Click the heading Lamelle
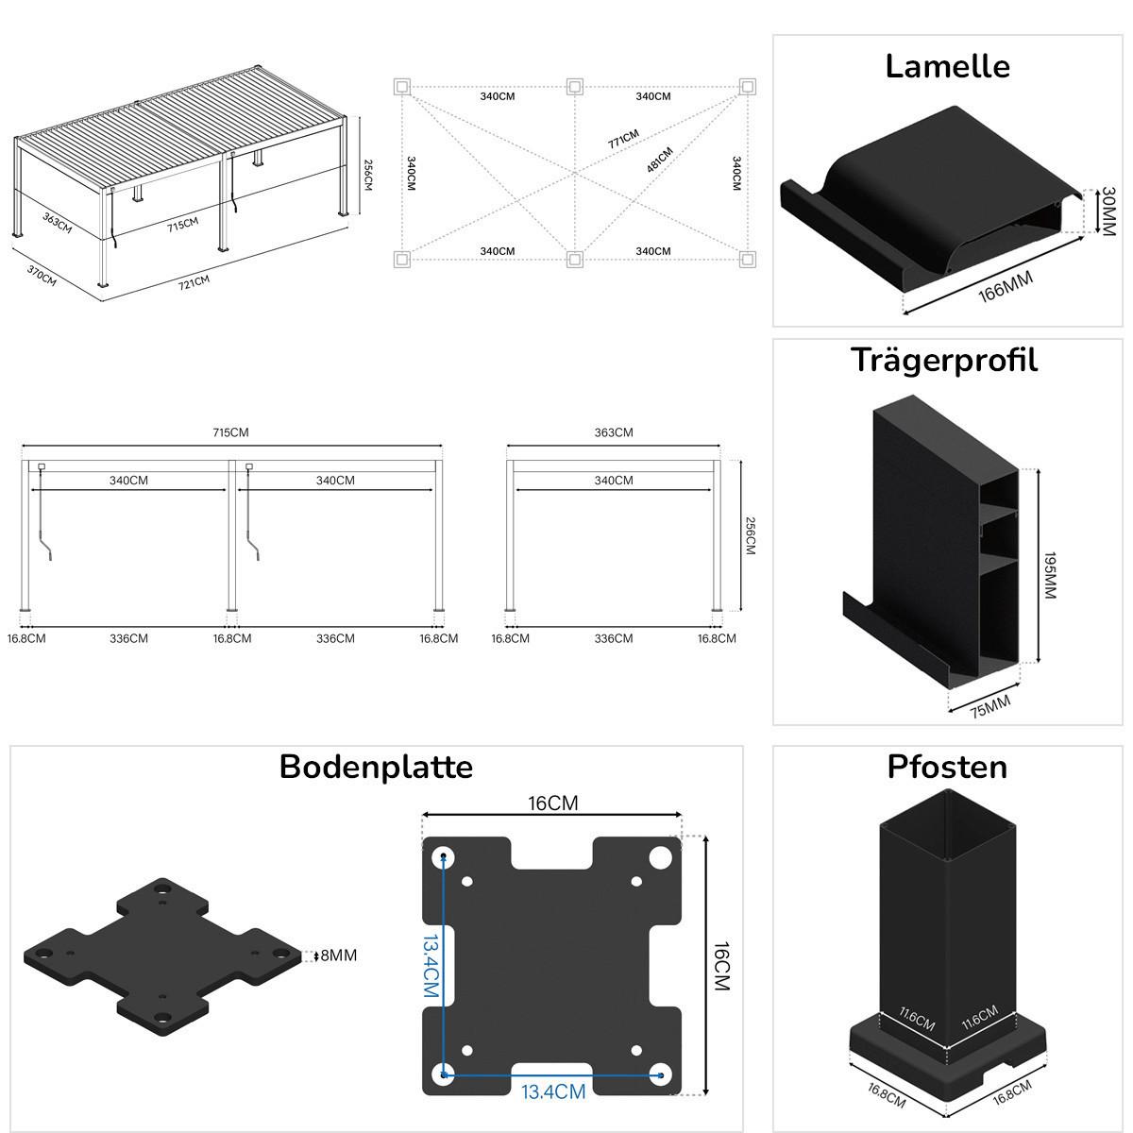pyautogui.click(x=947, y=66)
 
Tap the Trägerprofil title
pyautogui.click(x=943, y=361)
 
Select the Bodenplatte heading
pyautogui.click(x=376, y=767)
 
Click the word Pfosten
pyautogui.click(x=947, y=767)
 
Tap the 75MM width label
pyautogui.click(x=989, y=705)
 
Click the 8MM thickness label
pyautogui.click(x=339, y=955)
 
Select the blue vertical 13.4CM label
pyautogui.click(x=430, y=967)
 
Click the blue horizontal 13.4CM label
pyautogui.click(x=553, y=1092)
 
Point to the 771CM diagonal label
pyautogui.click(x=623, y=140)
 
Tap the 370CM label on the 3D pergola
pyautogui.click(x=42, y=275)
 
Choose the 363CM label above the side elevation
pyautogui.click(x=614, y=432)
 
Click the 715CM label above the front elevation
pyautogui.click(x=230, y=432)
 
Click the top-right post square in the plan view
pyautogui.click(x=747, y=87)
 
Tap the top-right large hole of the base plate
pyautogui.click(x=660, y=858)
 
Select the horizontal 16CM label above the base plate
pyautogui.click(x=553, y=803)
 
